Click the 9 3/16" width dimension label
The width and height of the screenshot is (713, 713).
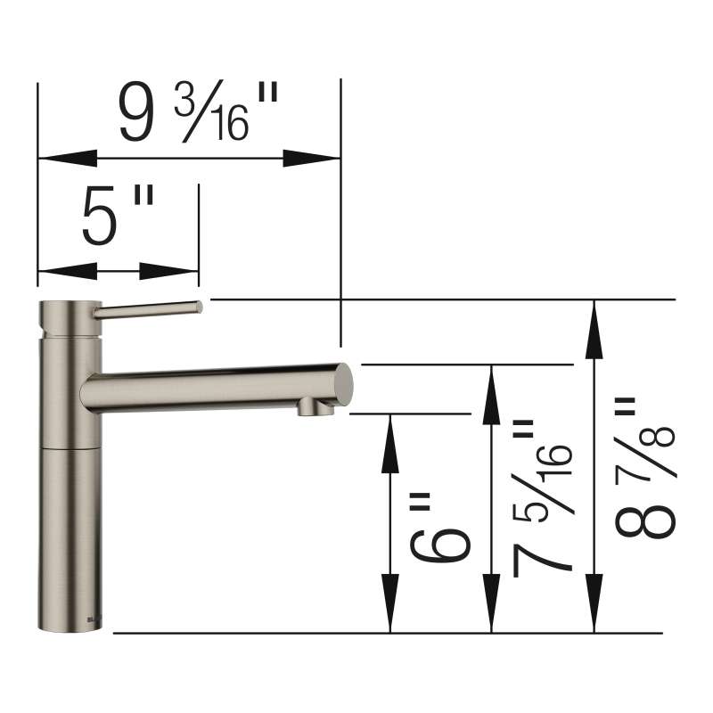coord(198,111)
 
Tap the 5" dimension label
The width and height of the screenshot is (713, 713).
coord(119,216)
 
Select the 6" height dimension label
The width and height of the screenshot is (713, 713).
coord(439,529)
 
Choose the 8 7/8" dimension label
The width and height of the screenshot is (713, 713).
coord(644,469)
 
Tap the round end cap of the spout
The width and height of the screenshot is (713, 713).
coord(344,385)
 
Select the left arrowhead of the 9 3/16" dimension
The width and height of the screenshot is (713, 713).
coord(68,159)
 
